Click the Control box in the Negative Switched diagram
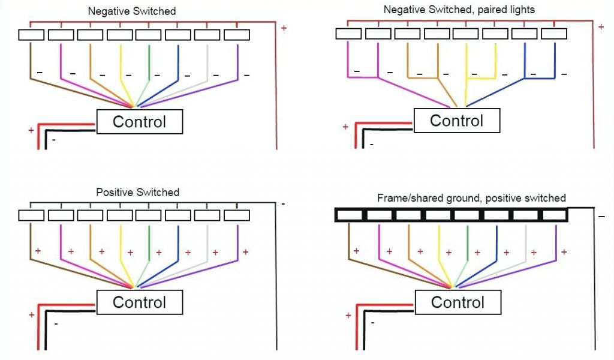(139, 122)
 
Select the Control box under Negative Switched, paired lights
(456, 121)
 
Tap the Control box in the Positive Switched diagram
(139, 302)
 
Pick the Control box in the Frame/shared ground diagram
(457, 302)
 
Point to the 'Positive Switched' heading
(137, 193)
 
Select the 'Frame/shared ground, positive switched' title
(471, 198)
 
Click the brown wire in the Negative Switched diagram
(31, 63)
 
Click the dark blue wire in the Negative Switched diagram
(178, 63)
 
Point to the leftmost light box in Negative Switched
(31, 35)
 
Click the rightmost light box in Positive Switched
(237, 215)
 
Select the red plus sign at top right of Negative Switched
(284, 28)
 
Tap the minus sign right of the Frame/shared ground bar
(601, 216)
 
